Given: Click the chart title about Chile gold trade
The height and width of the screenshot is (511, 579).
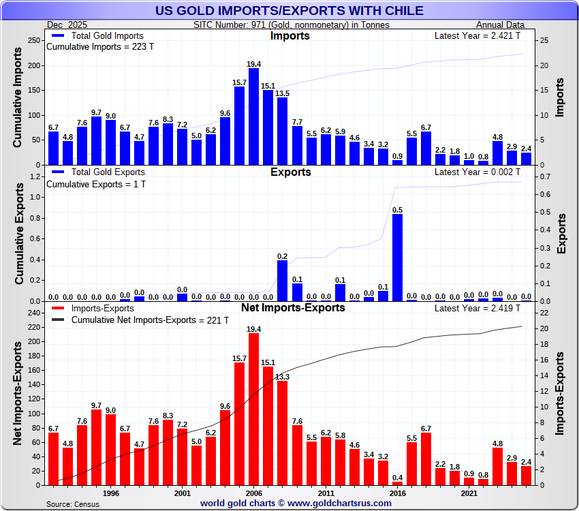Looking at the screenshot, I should [289, 10].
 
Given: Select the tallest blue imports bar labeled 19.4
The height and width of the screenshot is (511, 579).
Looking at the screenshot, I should [253, 116].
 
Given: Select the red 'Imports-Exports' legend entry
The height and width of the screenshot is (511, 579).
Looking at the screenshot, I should [99, 309].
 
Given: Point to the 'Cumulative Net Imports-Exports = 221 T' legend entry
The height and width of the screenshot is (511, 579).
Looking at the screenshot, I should [150, 320].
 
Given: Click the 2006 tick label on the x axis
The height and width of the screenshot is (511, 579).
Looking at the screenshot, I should [253, 493].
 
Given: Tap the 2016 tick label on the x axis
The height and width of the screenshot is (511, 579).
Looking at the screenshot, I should [397, 493].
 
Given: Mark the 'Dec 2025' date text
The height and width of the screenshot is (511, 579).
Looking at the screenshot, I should [64, 25].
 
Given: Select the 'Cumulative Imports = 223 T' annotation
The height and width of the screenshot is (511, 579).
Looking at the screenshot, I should [96, 47].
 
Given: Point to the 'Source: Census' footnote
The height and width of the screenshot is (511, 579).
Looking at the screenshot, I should [72, 504].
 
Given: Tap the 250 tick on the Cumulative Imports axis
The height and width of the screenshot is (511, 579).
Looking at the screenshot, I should [31, 40].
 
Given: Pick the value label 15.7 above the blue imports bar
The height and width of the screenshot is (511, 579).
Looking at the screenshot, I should [239, 82].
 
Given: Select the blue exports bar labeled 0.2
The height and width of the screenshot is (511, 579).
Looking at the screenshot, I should [282, 281].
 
